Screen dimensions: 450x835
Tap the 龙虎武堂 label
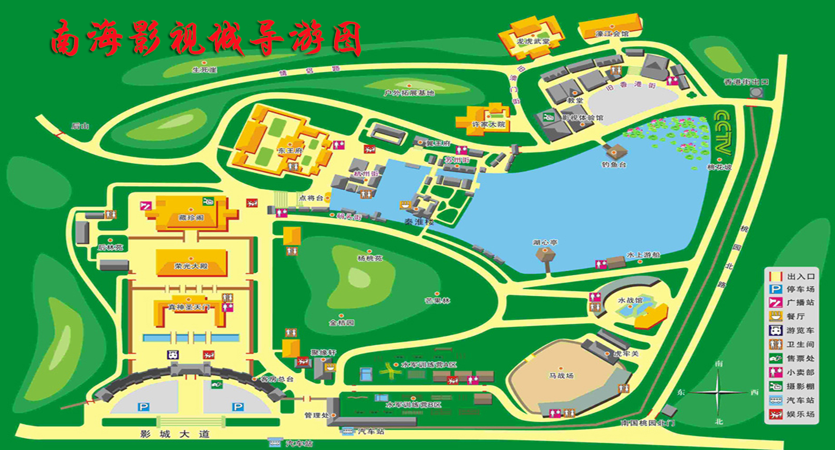pyautogui.click(x=533, y=41)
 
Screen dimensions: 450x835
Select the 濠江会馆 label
pyautogui.click(x=612, y=34)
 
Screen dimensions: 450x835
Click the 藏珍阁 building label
pyautogui.click(x=191, y=218)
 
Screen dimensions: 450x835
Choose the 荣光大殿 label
pyautogui.click(x=191, y=266)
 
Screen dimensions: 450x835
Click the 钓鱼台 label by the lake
pyautogui.click(x=614, y=165)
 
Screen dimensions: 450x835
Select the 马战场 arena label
pyautogui.click(x=561, y=376)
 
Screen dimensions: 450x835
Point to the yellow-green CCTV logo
pyautogui.click(x=723, y=132)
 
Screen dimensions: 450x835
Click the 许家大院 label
pyautogui.click(x=488, y=125)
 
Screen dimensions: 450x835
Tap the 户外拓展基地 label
pyautogui.click(x=409, y=93)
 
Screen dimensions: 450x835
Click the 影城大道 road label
pyautogui.click(x=175, y=434)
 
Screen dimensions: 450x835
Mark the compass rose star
pyautogui.click(x=718, y=392)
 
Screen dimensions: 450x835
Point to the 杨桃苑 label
pyautogui.click(x=370, y=258)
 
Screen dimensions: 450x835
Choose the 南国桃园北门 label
pyautogui.click(x=647, y=423)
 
